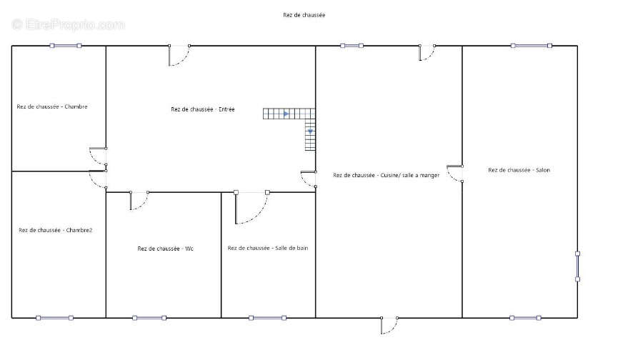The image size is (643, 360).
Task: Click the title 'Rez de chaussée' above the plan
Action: click(304, 15)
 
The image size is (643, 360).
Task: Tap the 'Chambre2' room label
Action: click(55, 230)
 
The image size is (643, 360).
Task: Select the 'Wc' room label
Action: click(165, 249)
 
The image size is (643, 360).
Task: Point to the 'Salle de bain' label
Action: click(268, 248)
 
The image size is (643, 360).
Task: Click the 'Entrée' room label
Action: click(203, 109)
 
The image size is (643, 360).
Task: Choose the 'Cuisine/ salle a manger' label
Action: click(387, 175)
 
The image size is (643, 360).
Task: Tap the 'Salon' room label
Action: click(519, 170)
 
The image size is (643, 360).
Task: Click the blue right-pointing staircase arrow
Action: click(286, 114)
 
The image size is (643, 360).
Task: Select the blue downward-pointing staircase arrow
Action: click(311, 131)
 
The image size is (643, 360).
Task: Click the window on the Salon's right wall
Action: click(577, 266)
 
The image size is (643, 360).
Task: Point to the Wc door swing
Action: click(139, 201)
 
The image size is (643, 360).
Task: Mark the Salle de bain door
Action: click(251, 207)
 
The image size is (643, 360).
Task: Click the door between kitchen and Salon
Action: click(455, 174)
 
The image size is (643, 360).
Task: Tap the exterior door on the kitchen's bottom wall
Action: click(389, 326)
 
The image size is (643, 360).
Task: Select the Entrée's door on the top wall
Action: click(179, 55)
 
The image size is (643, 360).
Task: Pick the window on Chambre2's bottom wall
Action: click(54, 318)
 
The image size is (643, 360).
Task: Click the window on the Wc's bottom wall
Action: click(149, 318)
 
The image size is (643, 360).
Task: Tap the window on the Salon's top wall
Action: click(531, 46)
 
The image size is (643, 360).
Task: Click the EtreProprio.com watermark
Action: click(68, 24)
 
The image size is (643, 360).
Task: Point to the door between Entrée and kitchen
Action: click(309, 179)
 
